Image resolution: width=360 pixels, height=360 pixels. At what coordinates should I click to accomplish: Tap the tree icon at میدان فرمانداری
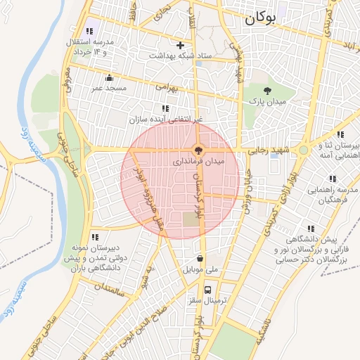pyautogui.click(x=199, y=150)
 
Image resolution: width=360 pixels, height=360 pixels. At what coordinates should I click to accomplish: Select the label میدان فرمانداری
pyautogui.click(x=199, y=162)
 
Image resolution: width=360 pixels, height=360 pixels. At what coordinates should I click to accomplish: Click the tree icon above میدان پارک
pyautogui.click(x=268, y=90)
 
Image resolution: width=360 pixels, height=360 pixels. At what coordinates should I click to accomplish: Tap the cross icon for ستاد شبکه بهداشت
pyautogui.click(x=181, y=45)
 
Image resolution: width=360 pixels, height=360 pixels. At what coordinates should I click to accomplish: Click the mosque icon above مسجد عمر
pyautogui.click(x=109, y=78)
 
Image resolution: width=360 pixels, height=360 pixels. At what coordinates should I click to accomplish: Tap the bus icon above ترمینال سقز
pyautogui.click(x=207, y=289)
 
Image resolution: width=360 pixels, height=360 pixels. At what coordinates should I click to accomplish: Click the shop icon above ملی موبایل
pyautogui.click(x=200, y=257)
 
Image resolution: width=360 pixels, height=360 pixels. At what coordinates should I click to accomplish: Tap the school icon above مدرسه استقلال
pyautogui.click(x=89, y=31)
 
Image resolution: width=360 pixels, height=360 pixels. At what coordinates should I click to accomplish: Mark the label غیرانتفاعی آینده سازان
pyautogui.click(x=166, y=120)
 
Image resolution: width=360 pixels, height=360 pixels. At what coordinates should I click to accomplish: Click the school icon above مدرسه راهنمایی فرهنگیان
pyautogui.click(x=332, y=177)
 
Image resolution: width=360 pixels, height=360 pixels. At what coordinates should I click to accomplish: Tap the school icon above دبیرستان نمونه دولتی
pyautogui.click(x=95, y=237)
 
